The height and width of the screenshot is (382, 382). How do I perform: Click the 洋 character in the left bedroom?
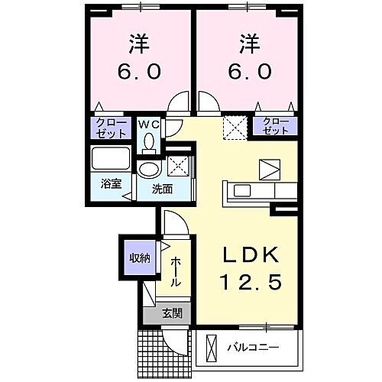tap(138, 43)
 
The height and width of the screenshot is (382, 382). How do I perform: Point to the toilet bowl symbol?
tap(148, 142)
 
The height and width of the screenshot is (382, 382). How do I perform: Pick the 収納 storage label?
tap(138, 257)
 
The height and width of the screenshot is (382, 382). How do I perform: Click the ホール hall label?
tap(176, 270)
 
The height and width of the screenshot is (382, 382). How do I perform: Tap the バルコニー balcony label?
tap(253, 348)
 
